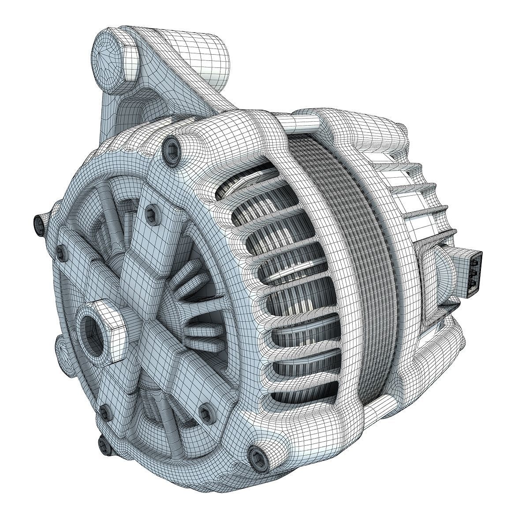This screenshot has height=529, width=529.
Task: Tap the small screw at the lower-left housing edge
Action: tap(104, 413)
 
